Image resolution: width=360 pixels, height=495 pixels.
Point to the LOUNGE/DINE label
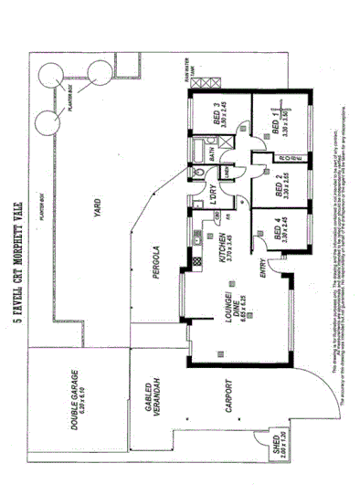point(228,316)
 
